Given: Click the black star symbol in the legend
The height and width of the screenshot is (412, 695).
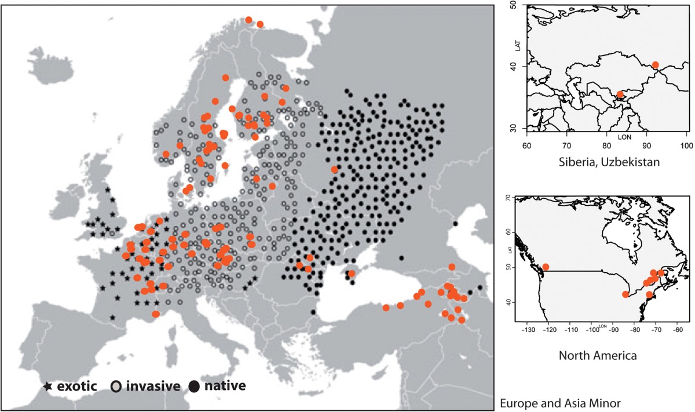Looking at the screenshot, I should point(48,386).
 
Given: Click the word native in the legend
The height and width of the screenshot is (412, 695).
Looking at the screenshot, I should point(226,386).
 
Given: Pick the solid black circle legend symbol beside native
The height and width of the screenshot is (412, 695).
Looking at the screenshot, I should point(195,386).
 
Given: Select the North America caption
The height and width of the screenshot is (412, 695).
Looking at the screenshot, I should point(598,355).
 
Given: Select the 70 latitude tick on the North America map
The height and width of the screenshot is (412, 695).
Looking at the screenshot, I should point(508,198).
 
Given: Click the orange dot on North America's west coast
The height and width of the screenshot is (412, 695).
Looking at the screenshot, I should point(546,267).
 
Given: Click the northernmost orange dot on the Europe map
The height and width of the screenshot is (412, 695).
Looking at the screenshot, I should point(248,20).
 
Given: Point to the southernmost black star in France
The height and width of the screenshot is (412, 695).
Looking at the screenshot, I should point(112,317).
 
